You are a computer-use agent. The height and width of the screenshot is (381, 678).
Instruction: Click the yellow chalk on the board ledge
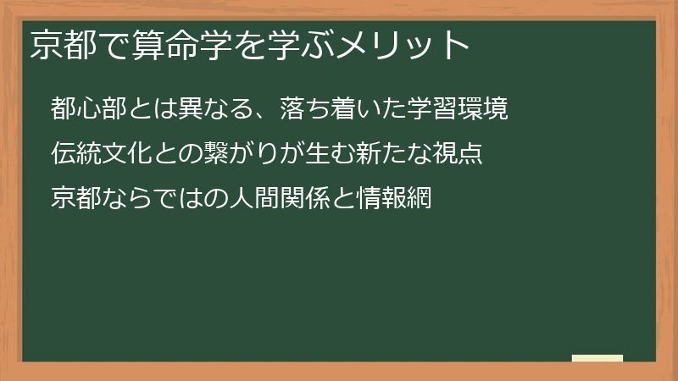tap(597, 358)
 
